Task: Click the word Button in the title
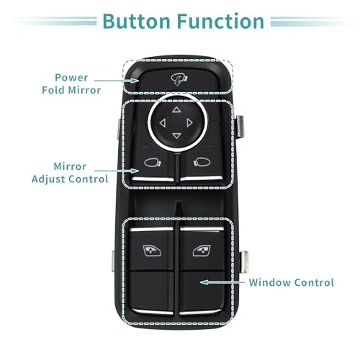[137, 21]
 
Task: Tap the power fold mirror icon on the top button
[179, 79]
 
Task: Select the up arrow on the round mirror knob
[176, 109]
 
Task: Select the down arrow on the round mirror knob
[176, 136]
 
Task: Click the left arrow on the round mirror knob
[163, 123]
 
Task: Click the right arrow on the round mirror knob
[190, 123]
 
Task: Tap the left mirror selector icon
[153, 163]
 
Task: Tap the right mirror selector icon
[202, 162]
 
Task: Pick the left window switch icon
[152, 251]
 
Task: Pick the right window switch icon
[202, 251]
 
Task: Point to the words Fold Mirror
[71, 90]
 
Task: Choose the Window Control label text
[291, 282]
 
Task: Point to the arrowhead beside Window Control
[204, 282]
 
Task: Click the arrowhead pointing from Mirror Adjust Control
[135, 171]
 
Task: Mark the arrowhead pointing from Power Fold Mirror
[135, 81]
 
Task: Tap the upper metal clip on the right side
[240, 126]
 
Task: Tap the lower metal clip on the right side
[243, 261]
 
